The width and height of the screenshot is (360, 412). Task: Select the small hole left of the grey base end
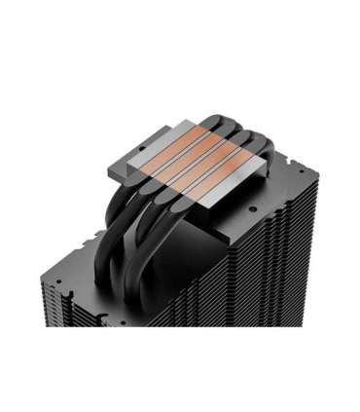pyautogui.click(x=96, y=185)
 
